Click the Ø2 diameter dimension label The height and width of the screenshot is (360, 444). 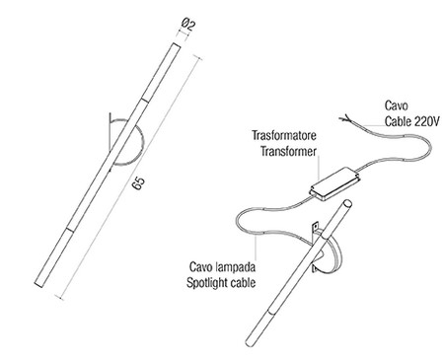188,25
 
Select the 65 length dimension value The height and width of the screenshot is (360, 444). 138,183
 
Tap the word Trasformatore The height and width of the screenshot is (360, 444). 284,135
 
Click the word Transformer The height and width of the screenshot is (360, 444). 288,152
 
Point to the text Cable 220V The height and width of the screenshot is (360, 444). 412,121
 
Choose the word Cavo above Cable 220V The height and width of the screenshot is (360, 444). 397,106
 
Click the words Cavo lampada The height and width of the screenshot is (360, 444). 222,266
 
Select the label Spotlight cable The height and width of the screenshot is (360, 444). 221,283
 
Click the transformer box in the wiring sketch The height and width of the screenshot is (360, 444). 334,183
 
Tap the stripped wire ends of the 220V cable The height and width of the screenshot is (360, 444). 345,118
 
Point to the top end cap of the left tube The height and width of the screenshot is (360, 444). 177,45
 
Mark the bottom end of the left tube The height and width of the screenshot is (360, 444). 38,284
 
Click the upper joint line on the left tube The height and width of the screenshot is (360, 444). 145,100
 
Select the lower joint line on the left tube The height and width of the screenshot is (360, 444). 71,229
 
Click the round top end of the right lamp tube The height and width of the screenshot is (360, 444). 347,202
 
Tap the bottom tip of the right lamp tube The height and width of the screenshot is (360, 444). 250,342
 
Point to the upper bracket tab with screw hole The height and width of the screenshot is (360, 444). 315,226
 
